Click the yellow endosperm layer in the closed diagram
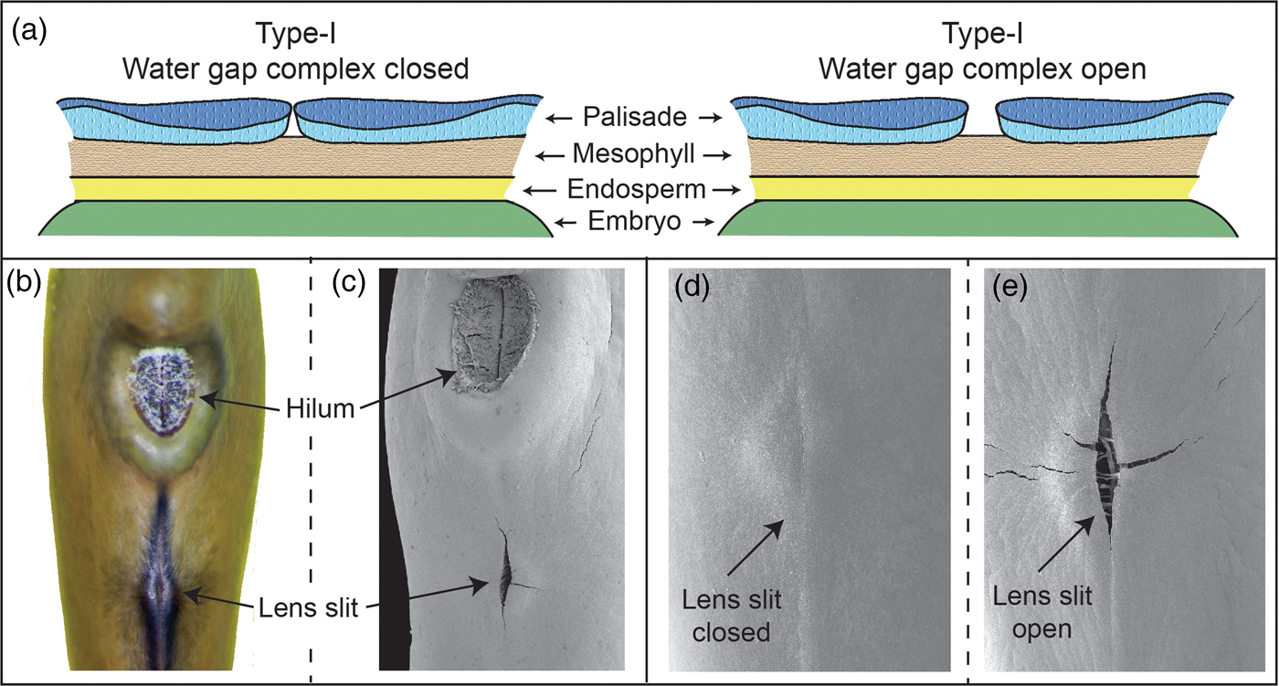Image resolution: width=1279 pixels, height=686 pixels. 292,189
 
